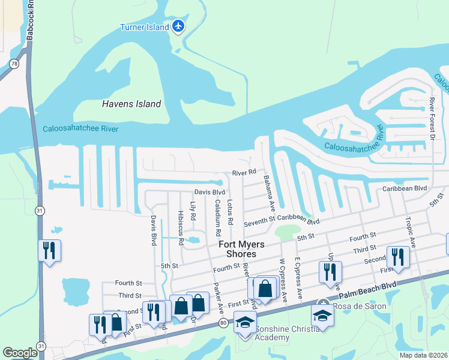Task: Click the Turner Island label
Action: (x=144, y=27)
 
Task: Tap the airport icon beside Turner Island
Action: (x=178, y=26)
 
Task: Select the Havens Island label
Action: (x=131, y=104)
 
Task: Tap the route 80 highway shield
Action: (x=223, y=323)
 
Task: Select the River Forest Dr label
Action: (x=431, y=121)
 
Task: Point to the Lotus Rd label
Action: (x=230, y=214)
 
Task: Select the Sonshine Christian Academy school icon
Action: (x=244, y=323)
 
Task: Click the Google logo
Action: (x=20, y=353)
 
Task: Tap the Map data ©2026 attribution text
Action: (x=423, y=355)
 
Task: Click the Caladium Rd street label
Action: (x=216, y=217)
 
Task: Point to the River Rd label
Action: (x=244, y=173)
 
